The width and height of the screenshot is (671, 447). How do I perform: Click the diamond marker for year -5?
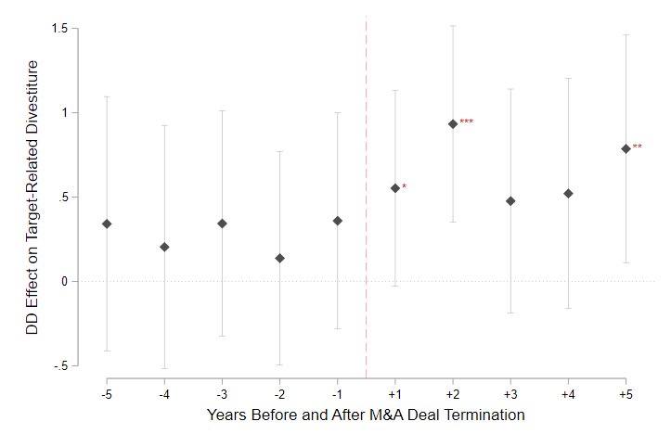pos(107,223)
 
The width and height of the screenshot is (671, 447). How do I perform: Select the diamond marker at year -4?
pos(164,247)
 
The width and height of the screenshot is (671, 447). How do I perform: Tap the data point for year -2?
pos(279,258)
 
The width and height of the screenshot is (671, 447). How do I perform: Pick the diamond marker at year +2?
pos(453,123)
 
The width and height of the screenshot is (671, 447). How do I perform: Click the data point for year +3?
pos(510,200)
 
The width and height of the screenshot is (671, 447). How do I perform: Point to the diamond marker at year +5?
pos(626,148)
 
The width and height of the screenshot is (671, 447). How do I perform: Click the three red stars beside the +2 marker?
pos(467,122)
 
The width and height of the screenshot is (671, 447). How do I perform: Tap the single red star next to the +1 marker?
pos(405,187)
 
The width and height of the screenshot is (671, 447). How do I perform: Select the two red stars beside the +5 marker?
pos(638,147)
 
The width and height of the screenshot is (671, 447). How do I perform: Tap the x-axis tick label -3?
pos(222,394)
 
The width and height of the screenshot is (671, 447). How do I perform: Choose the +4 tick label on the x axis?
pos(568,394)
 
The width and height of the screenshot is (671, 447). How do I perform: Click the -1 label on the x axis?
pos(337,394)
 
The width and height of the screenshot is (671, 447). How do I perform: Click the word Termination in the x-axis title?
pos(484,415)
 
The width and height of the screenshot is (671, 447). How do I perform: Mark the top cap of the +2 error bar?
pos(453,25)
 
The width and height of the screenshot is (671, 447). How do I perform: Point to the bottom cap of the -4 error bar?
pos(164,368)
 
